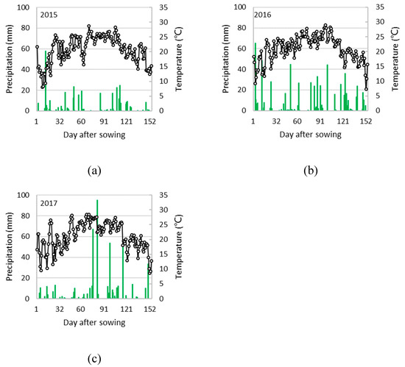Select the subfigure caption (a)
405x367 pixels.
point(94,170)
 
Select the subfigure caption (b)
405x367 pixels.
point(310,170)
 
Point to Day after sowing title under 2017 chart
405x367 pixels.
point(94,322)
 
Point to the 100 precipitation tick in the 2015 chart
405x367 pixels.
point(27,8)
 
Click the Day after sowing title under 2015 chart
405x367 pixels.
point(94,135)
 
